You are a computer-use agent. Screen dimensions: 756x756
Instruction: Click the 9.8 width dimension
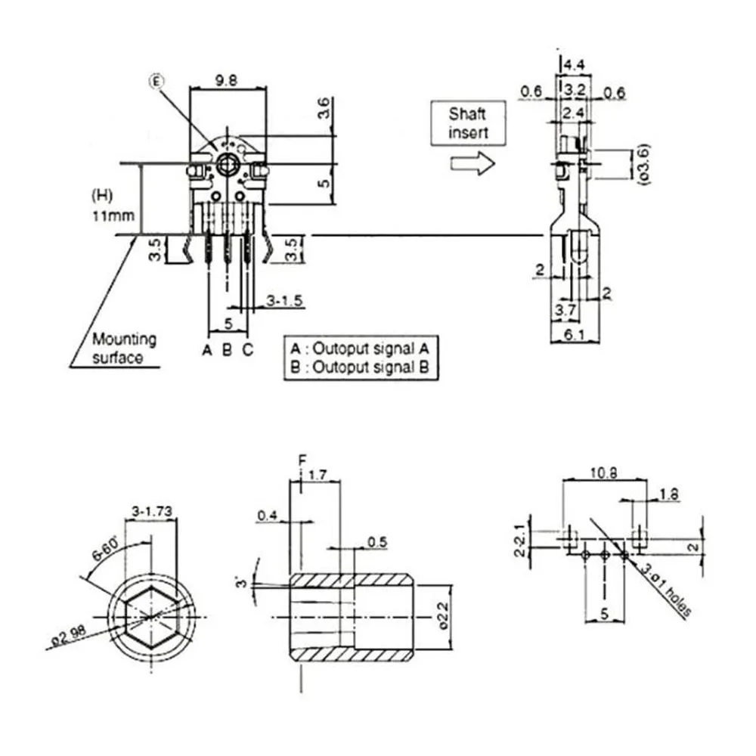226,80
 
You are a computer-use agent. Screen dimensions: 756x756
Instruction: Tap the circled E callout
156,82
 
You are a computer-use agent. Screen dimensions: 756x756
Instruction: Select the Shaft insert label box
468,123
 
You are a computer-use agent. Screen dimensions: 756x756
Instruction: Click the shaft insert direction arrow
472,163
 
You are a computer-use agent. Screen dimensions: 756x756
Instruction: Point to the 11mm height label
113,215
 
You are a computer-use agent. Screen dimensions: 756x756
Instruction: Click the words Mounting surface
124,348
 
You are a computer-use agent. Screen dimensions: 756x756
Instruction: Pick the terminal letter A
207,349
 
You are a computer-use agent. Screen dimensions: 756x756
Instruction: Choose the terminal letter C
247,349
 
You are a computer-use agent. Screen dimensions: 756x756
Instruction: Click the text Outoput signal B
370,367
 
